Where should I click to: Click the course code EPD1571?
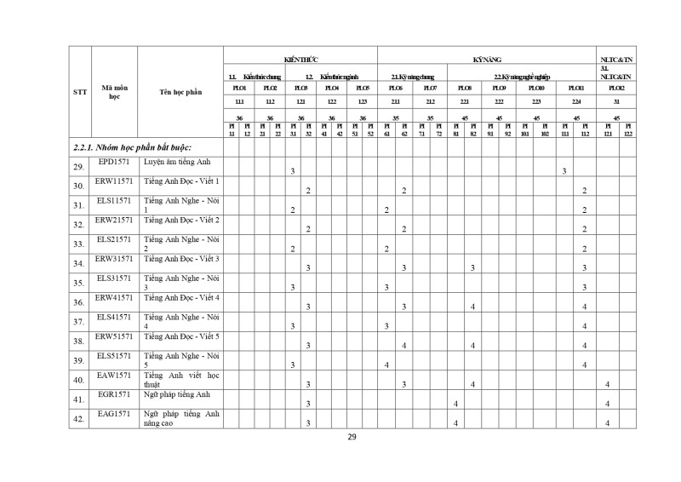[x=113, y=161]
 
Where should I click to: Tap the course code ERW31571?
[x=113, y=258]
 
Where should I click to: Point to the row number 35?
[x=78, y=283]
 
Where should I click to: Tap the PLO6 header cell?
[x=396, y=88]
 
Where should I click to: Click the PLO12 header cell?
[x=616, y=88]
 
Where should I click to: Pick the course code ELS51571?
[x=113, y=355]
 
